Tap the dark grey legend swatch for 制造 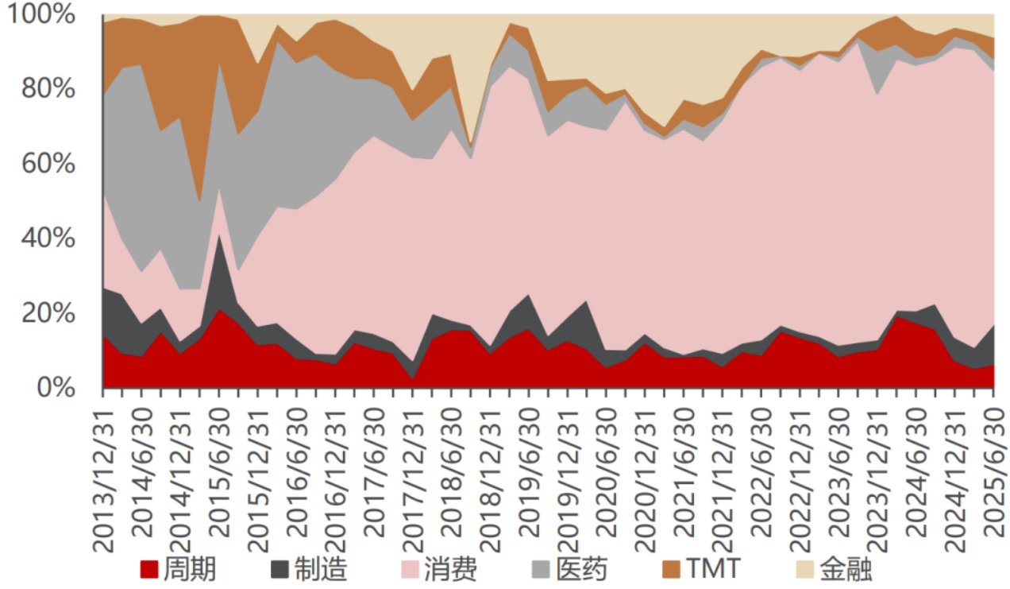[279, 569]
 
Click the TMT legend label [713, 569]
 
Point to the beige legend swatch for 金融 [805, 569]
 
